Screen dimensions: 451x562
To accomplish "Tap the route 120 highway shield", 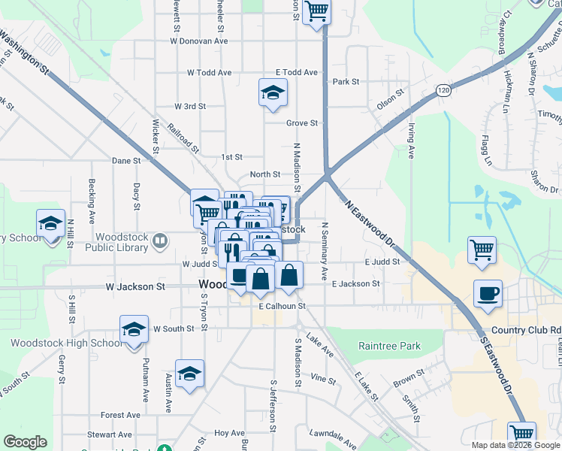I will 444,91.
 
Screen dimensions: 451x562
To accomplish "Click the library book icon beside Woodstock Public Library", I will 160,241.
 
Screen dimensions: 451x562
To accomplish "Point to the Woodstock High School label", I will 65,343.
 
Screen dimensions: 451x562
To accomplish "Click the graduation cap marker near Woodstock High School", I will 134,330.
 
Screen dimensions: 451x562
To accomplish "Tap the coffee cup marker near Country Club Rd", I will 488,294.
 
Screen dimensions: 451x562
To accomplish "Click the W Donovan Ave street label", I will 198,41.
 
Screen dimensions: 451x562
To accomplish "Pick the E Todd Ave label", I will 297,72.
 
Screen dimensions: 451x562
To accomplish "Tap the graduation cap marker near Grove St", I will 273,93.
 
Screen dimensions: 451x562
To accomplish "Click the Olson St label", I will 391,101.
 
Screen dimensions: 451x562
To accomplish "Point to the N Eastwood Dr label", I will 370,223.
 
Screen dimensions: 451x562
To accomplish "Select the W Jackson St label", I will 134,286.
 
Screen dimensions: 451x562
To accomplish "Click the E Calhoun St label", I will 282,306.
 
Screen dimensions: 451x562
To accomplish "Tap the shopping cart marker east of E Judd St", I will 482,250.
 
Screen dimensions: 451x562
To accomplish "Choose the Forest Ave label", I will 121,415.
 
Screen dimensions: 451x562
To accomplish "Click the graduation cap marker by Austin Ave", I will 190,374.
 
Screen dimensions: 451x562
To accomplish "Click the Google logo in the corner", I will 25,442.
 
